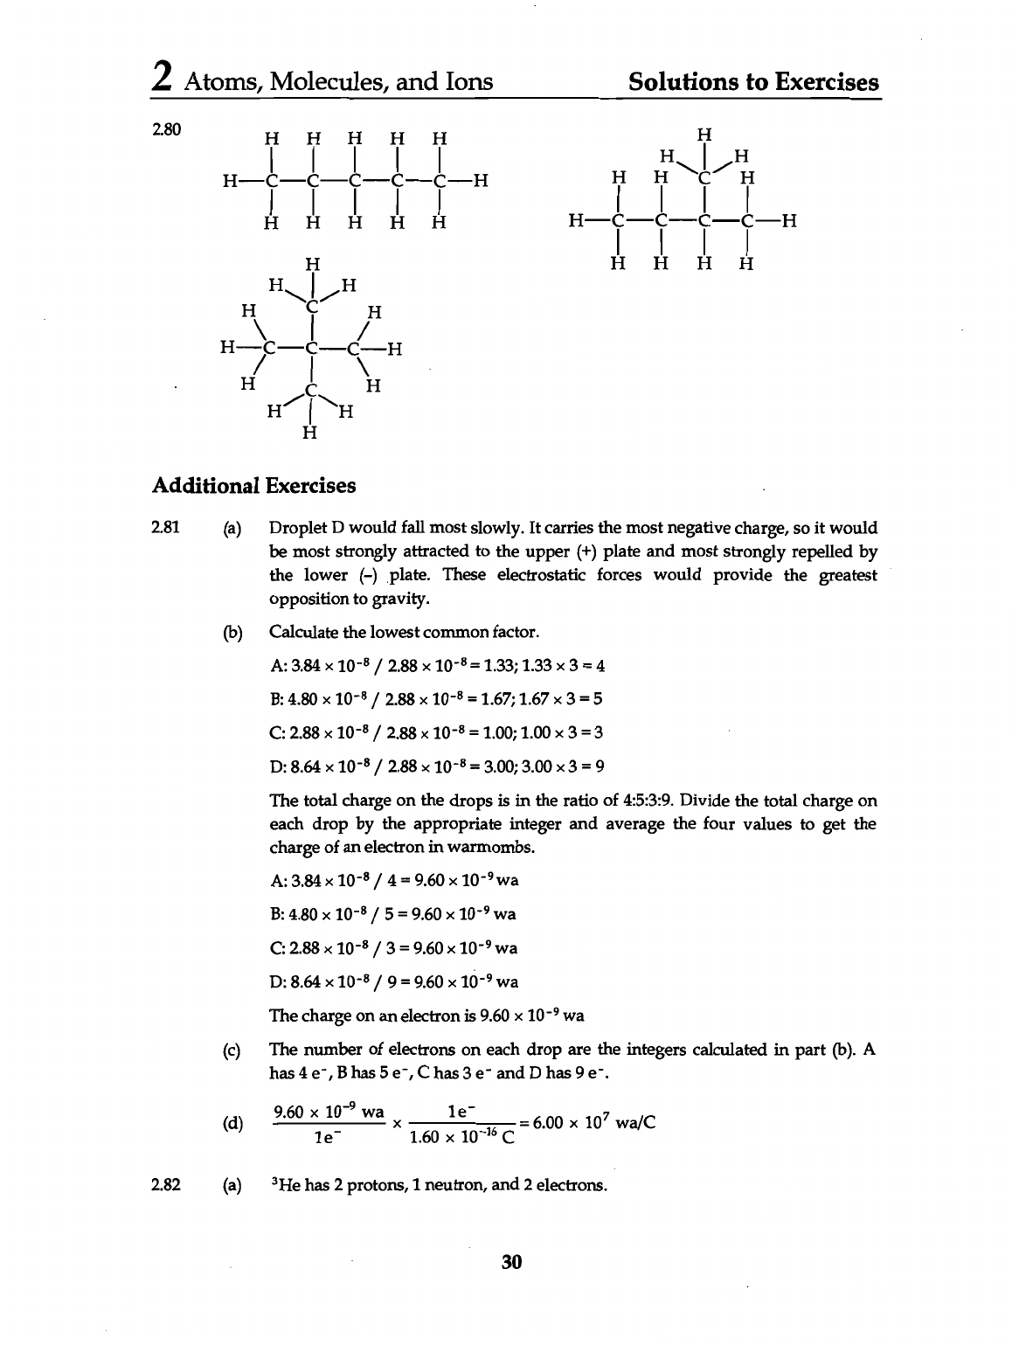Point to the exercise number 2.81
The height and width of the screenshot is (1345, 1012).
(165, 528)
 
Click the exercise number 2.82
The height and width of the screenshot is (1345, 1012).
(165, 1185)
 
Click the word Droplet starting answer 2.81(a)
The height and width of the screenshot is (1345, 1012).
(296, 528)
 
